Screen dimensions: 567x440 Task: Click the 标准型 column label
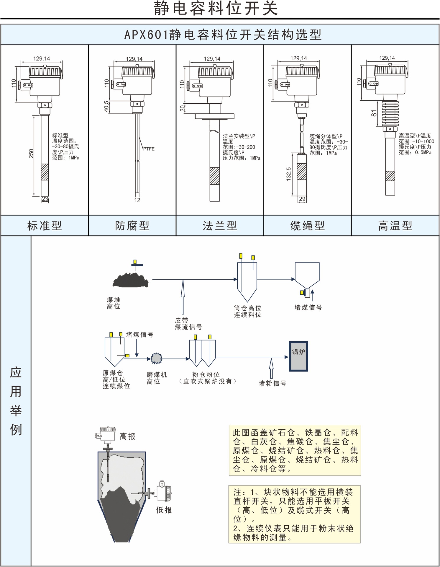click(45, 226)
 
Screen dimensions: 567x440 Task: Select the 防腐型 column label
click(132, 226)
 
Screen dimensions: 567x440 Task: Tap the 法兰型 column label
click(220, 226)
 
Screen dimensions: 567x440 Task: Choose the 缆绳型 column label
click(307, 226)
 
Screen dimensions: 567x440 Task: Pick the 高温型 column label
click(395, 226)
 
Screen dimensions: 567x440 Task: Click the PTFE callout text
click(149, 149)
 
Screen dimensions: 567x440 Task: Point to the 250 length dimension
click(31, 154)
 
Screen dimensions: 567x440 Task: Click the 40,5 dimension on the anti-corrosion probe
click(106, 107)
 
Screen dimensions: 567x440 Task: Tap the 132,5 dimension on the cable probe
click(289, 174)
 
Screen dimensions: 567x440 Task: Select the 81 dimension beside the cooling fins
click(374, 113)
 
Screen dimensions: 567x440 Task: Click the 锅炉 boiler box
click(298, 356)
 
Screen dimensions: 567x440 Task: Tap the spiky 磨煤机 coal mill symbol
click(157, 359)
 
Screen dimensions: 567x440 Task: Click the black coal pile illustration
click(131, 280)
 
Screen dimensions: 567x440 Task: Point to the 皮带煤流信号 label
click(188, 324)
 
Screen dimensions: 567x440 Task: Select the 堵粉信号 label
click(272, 383)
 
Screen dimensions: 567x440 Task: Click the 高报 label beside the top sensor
click(127, 436)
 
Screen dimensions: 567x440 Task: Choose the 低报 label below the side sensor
click(164, 510)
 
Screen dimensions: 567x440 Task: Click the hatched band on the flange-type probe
click(215, 176)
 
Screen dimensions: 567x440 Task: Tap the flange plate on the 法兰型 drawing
click(215, 116)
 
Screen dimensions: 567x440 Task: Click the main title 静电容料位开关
click(216, 8)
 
